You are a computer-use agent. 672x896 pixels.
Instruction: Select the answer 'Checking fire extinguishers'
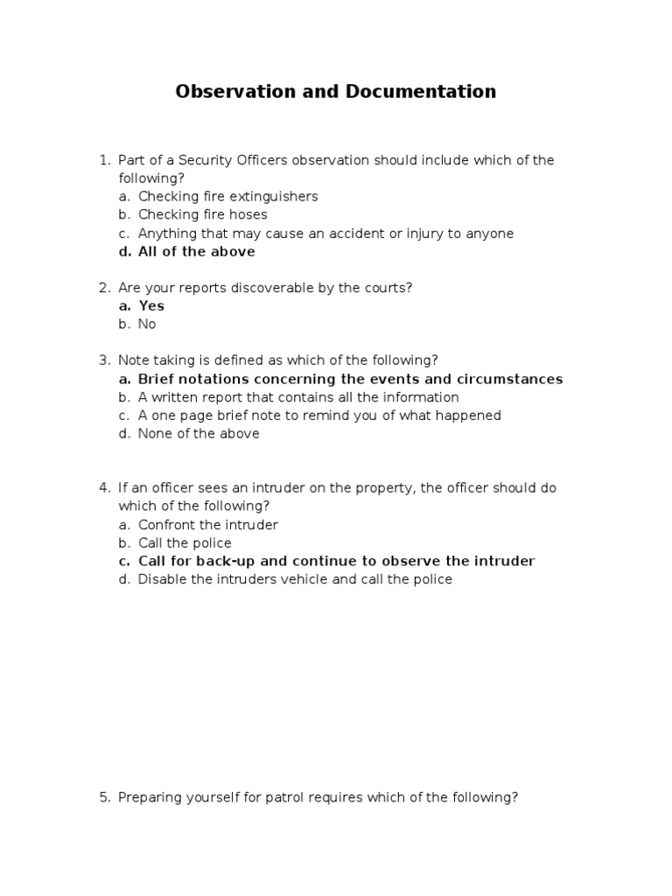pos(227,196)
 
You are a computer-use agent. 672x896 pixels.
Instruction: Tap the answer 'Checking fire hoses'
pos(202,214)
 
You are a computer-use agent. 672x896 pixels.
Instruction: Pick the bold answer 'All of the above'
pos(196,251)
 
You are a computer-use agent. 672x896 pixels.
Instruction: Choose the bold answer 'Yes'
pos(151,305)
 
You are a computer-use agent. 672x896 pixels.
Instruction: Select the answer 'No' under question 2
pos(146,324)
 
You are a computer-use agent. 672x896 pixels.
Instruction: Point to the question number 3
pos(103,360)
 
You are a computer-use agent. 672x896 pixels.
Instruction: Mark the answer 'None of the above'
pos(199,433)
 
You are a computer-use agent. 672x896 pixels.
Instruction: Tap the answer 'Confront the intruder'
pos(207,525)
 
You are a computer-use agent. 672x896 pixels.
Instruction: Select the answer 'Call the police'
pos(185,543)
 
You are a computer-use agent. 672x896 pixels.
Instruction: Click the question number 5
pos(103,797)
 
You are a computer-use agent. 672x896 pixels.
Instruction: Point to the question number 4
pos(103,487)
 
